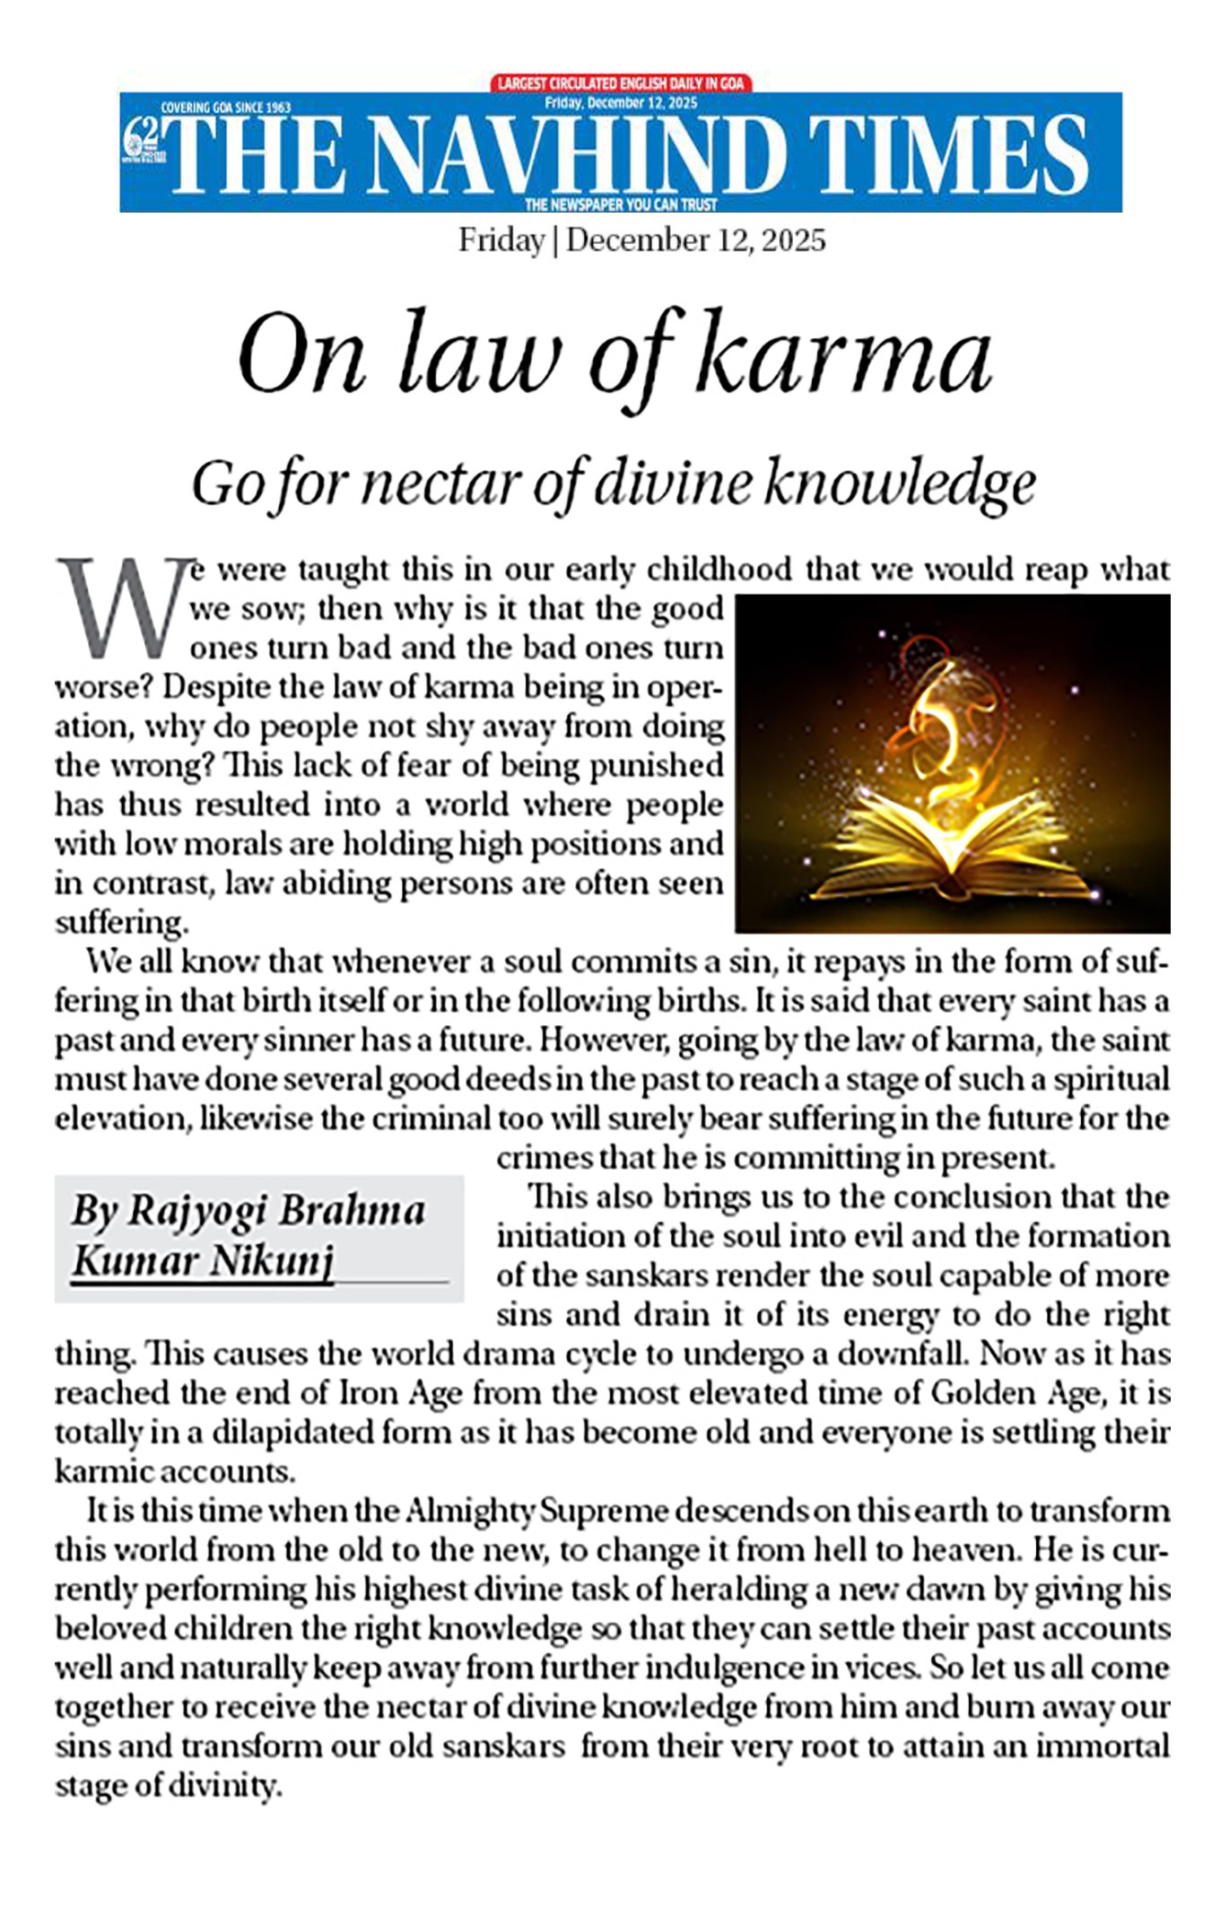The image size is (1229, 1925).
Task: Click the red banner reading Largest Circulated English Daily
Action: point(622,83)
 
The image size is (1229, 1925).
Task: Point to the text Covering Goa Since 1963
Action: point(225,108)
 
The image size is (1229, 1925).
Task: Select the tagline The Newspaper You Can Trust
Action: point(621,205)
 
